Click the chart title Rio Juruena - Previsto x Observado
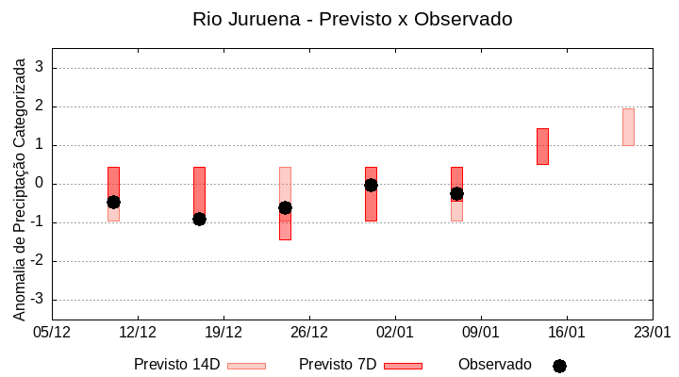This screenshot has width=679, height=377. coord(352,19)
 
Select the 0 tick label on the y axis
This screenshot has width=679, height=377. coord(41,184)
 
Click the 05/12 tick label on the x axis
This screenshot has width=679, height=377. coord(52,332)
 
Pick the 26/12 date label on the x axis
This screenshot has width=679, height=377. coord(309,332)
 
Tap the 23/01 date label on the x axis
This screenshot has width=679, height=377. coord(652,332)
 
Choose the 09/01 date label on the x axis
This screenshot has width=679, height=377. coord(481,332)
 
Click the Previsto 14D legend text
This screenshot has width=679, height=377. coord(176,365)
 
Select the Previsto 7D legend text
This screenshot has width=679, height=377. coord(337,365)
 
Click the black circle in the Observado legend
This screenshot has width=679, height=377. coord(559,366)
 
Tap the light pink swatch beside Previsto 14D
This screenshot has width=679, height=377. coord(246,366)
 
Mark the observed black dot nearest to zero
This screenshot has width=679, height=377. coord(372,185)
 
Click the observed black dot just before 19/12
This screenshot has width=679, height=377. coord(199,219)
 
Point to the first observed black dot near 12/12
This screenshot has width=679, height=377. coord(113,202)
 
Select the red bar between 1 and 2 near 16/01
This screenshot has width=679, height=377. coord(542,146)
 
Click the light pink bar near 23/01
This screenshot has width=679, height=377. coord(628,127)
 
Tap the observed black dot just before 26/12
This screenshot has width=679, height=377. coord(285,207)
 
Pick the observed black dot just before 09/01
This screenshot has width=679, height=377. coord(456,193)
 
